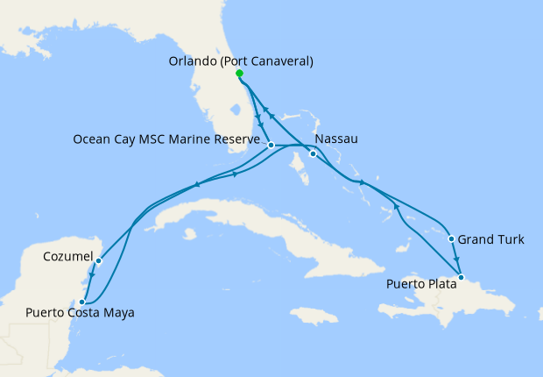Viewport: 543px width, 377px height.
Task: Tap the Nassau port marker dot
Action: [x=313, y=155]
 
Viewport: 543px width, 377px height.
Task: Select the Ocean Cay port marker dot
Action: [x=271, y=145]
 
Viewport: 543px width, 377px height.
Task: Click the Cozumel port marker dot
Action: [x=99, y=260]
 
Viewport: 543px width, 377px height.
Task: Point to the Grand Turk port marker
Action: [x=451, y=238]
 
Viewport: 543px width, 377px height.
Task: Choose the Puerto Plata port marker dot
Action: [x=461, y=278]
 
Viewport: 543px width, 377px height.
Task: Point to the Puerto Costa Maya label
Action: [x=80, y=312]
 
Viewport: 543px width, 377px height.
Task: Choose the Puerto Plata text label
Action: [x=420, y=284]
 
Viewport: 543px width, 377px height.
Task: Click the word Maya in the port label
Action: [x=119, y=312]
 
